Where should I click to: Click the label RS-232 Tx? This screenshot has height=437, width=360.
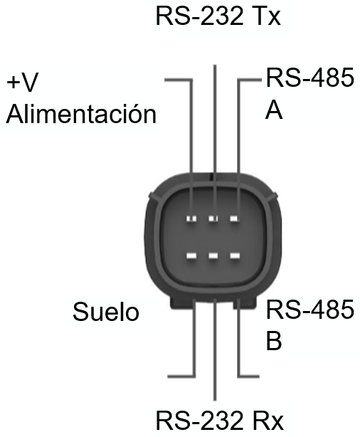pyautogui.click(x=218, y=16)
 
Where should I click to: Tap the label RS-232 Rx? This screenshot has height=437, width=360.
pyautogui.click(x=220, y=420)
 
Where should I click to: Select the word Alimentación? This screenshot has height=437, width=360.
pyautogui.click(x=81, y=113)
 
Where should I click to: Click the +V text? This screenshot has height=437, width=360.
pyautogui.click(x=22, y=82)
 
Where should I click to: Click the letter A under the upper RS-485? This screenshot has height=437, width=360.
pyautogui.click(x=274, y=110)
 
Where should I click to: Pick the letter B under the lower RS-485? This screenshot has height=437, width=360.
pyautogui.click(x=274, y=340)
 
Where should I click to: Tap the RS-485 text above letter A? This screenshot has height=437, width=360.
pyautogui.click(x=310, y=77)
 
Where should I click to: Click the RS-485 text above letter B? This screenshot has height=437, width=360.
pyautogui.click(x=310, y=309)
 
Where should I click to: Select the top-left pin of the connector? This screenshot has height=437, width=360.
pyautogui.click(x=191, y=218)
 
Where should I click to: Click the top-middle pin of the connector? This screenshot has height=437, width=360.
pyautogui.click(x=213, y=218)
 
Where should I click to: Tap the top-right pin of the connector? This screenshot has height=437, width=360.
pyautogui.click(x=235, y=218)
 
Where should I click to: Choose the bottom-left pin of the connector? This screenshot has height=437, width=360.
pyautogui.click(x=191, y=256)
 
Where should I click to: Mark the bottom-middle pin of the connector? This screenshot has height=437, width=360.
pyautogui.click(x=213, y=256)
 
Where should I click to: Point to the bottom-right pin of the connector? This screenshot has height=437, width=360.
pyautogui.click(x=235, y=256)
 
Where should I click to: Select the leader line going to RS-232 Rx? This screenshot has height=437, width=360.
pyautogui.click(x=215, y=349)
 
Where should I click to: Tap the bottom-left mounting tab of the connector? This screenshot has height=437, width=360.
pyautogui.click(x=181, y=303)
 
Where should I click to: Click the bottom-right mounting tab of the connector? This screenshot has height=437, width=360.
pyautogui.click(x=245, y=304)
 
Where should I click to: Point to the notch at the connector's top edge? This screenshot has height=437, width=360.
pyautogui.click(x=211, y=176)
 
